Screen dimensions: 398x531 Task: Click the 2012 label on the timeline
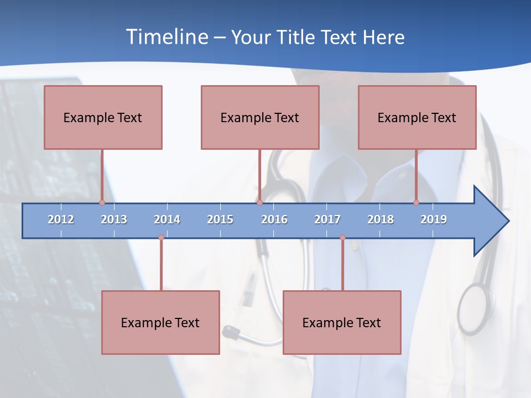pyautogui.click(x=61, y=219)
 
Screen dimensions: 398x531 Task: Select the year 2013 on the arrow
pyautogui.click(x=114, y=219)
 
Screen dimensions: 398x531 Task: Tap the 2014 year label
pyautogui.click(x=167, y=219)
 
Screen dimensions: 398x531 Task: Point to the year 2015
pyautogui.click(x=220, y=219)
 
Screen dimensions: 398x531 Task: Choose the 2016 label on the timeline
pyautogui.click(x=274, y=219)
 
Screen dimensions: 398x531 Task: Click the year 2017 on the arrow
pyautogui.click(x=327, y=219)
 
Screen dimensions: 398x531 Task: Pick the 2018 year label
pyautogui.click(x=381, y=219)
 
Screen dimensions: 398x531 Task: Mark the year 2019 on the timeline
pyautogui.click(x=434, y=219)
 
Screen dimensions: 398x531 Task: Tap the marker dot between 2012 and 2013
pyautogui.click(x=102, y=202)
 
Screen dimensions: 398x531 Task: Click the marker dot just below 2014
pyautogui.click(x=161, y=238)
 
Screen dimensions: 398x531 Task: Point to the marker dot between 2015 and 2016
pyautogui.click(x=259, y=202)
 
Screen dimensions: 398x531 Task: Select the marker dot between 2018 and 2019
pyautogui.click(x=416, y=202)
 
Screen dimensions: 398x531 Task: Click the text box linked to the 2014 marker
pyautogui.click(x=160, y=322)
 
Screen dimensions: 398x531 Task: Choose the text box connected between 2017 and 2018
pyautogui.click(x=342, y=322)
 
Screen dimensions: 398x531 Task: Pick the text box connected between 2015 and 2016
pyautogui.click(x=260, y=117)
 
